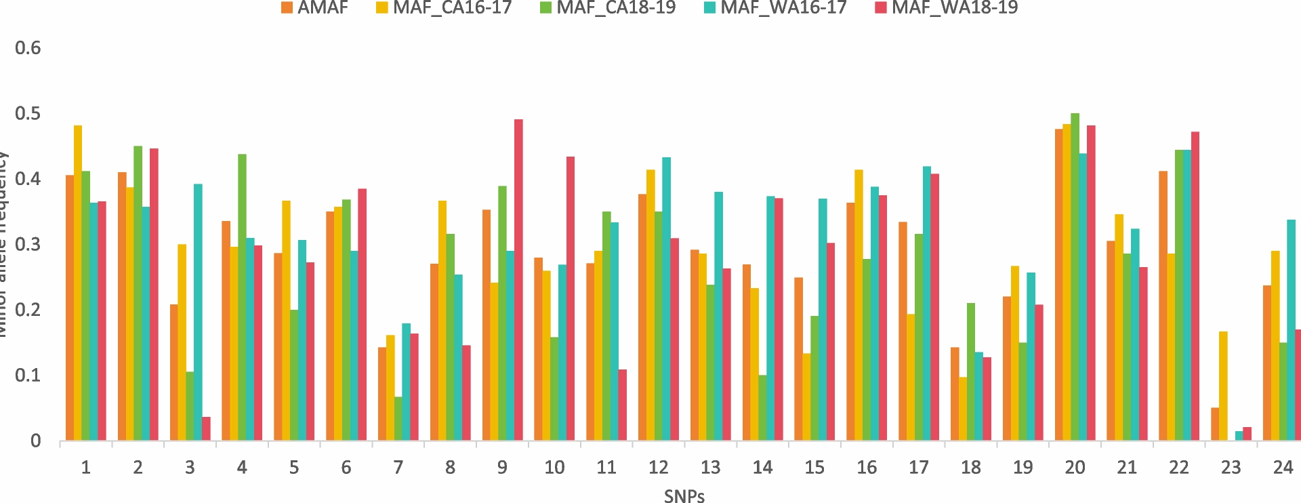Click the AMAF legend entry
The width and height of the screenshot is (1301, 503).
315,8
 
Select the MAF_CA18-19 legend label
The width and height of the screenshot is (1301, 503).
615,8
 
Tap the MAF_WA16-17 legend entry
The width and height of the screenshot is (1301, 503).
783,8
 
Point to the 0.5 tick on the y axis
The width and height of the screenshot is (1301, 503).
28,113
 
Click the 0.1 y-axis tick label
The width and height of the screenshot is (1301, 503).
28,375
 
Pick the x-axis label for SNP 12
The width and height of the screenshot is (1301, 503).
658,467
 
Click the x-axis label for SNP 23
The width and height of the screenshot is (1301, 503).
1231,467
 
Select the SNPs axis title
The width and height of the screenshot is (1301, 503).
684,496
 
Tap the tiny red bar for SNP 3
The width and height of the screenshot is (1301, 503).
206,429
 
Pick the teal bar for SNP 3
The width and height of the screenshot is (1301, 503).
198,312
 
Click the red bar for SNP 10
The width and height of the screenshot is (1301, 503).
571,298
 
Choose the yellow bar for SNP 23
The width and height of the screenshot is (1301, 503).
1223,386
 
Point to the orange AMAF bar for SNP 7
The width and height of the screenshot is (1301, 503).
382,394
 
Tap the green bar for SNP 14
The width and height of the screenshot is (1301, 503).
763,407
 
